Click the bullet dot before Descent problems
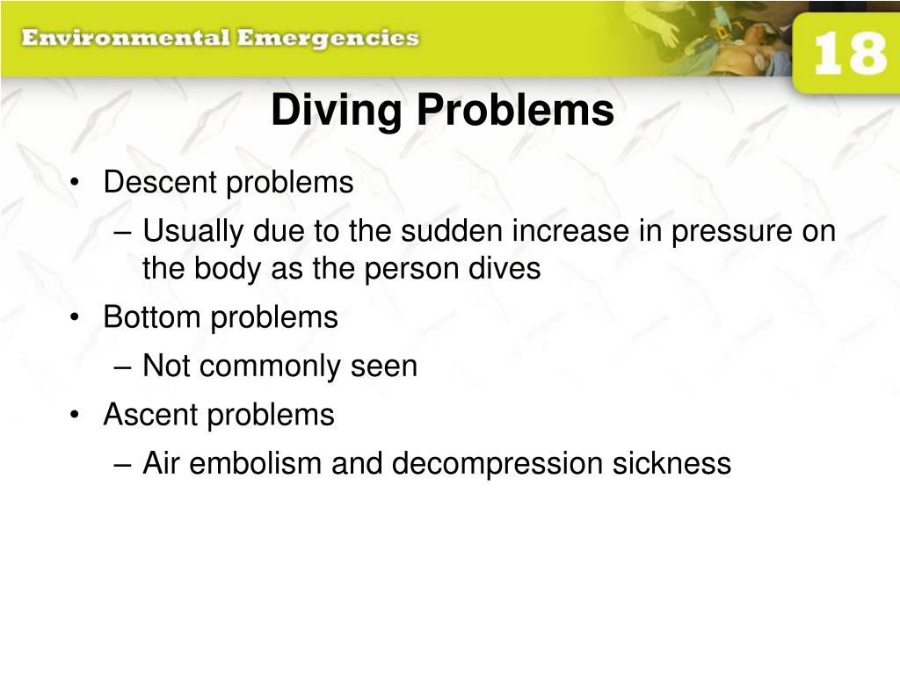pyautogui.click(x=79, y=184)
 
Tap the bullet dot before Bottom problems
pyautogui.click(x=79, y=318)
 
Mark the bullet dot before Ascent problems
pyautogui.click(x=79, y=415)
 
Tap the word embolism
pyautogui.click(x=257, y=462)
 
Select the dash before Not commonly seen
pyautogui.click(x=123, y=367)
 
